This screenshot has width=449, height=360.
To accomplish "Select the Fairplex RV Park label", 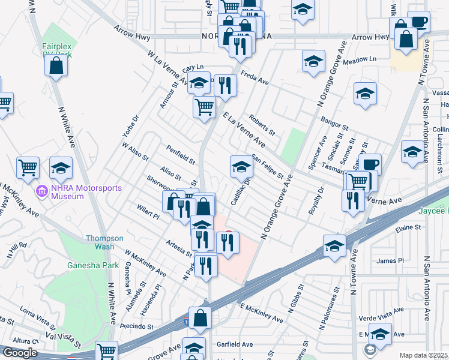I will tap(57, 50).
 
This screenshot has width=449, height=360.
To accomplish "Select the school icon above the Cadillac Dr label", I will tap(241, 167).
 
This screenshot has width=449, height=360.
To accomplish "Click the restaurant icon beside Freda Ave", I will tap(225, 86).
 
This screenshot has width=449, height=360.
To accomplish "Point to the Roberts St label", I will tap(262, 125).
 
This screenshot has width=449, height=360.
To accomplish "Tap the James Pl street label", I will tap(390, 260).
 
